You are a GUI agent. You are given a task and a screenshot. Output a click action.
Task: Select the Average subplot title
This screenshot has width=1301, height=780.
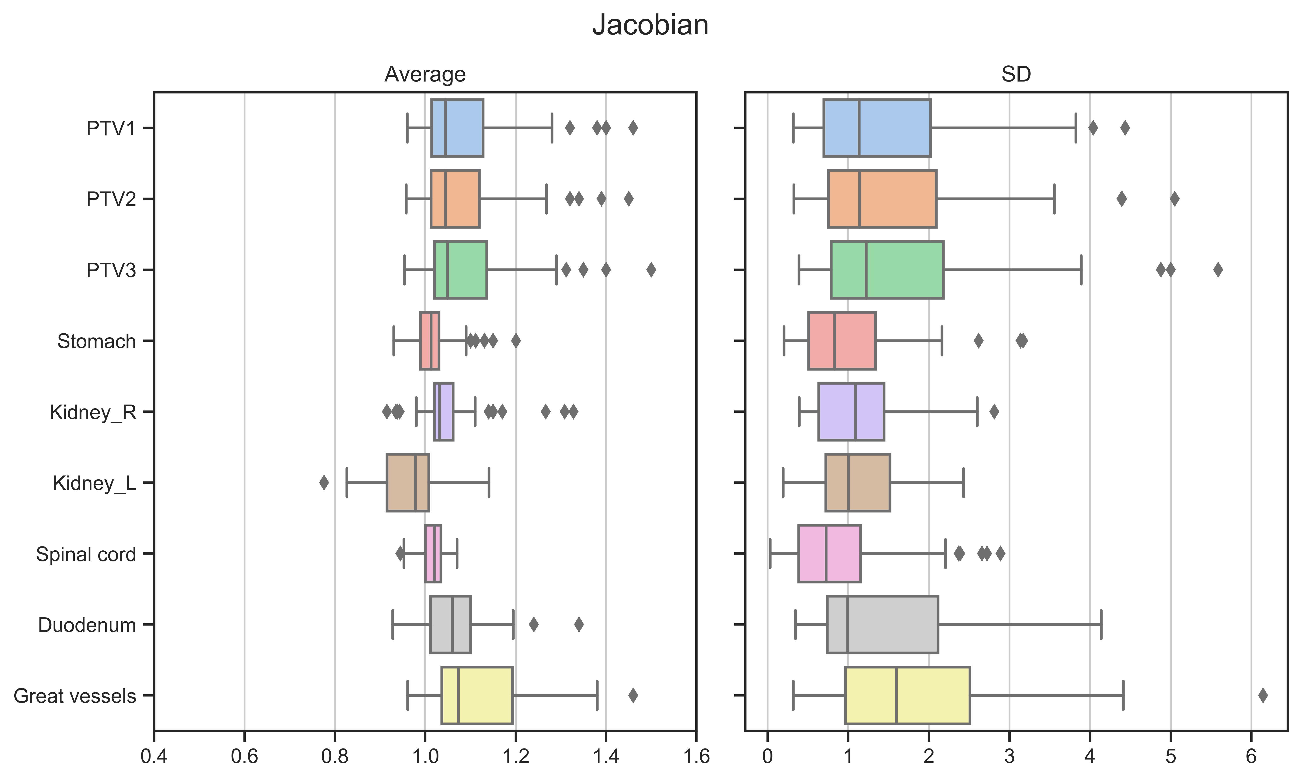pyautogui.click(x=425, y=74)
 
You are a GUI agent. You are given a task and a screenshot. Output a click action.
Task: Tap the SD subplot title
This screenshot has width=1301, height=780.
pyautogui.click(x=1016, y=74)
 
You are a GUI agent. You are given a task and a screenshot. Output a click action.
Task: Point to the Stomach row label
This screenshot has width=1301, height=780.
pyautogui.click(x=97, y=341)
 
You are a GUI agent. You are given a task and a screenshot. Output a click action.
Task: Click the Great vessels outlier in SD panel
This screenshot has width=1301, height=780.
pyautogui.click(x=1263, y=695)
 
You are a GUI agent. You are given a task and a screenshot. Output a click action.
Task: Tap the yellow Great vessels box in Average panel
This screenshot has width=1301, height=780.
pyautogui.click(x=477, y=695)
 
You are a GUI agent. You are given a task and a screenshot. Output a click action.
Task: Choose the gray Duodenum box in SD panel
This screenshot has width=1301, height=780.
pyautogui.click(x=882, y=624)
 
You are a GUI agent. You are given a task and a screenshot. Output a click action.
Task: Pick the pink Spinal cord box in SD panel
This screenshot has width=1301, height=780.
pyautogui.click(x=829, y=553)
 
